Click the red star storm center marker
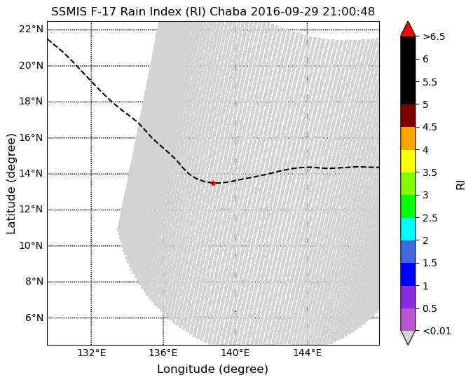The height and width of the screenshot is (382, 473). point(213,183)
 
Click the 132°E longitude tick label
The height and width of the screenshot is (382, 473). point(91,353)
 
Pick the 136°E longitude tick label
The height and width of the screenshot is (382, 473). point(163,353)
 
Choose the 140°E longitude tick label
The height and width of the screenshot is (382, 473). point(235,353)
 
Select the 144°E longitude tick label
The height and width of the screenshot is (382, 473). point(307,353)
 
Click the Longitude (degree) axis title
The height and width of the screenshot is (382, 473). point(212,369)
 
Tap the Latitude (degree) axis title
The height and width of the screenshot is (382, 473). point(11,183)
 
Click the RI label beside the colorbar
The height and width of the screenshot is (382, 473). point(460,184)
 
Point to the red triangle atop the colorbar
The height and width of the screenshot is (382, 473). point(408,29)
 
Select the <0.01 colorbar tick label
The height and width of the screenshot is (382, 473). point(434,330)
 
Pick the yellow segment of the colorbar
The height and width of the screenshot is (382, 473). point(408,161)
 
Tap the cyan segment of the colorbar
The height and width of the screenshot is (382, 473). point(408,228)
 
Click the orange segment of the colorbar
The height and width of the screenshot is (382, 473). point(408,138)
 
